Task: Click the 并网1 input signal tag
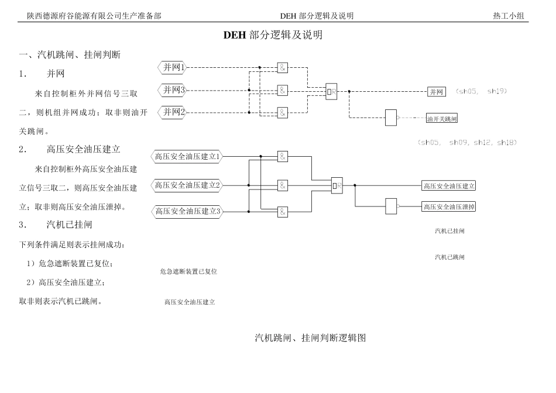tap(173, 68)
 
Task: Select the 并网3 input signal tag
tap(173, 90)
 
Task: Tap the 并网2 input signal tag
tap(173, 112)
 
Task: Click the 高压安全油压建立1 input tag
tap(187, 157)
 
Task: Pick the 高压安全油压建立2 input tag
tap(187, 185)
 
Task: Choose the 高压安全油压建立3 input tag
tap(187, 211)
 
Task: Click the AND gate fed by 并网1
tap(283, 68)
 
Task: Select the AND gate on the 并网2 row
tap(283, 112)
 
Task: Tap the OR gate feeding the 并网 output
tap(332, 91)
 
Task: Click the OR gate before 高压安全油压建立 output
tap(337, 186)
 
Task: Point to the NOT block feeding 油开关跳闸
tap(390, 118)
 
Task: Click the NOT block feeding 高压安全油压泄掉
tap(391, 206)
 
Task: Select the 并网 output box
tap(437, 92)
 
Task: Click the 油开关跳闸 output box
tap(442, 119)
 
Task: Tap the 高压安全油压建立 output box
tap(449, 186)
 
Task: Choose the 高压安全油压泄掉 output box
tap(449, 206)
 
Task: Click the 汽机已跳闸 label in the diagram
tap(449, 257)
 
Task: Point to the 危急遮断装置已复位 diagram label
tap(188, 272)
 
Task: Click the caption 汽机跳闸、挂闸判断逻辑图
tap(310, 338)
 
